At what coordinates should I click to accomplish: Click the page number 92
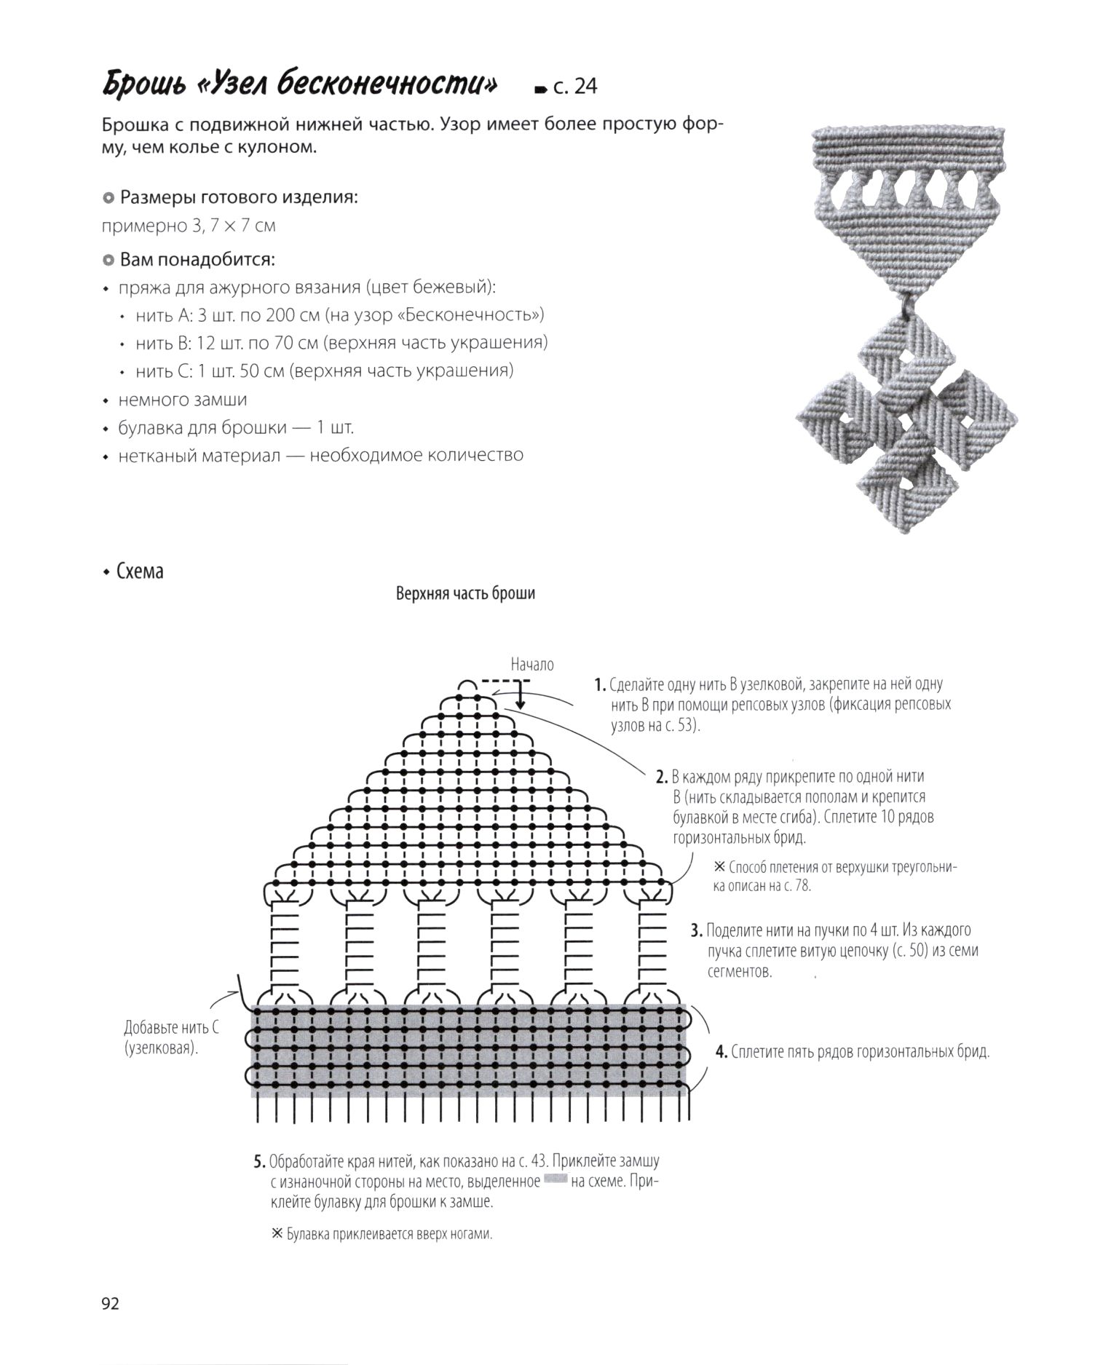[x=110, y=1303]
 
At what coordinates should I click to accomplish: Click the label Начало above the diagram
[x=531, y=665]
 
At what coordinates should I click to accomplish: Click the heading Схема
[x=140, y=571]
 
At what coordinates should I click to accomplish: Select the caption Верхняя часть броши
[x=465, y=593]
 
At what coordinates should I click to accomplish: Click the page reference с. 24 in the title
[x=574, y=87]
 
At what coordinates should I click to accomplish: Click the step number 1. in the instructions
[x=600, y=685]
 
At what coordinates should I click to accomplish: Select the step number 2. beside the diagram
[x=662, y=777]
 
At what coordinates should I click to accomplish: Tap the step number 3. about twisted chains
[x=696, y=930]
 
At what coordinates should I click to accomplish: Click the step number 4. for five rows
[x=721, y=1052]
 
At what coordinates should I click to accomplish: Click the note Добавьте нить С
[x=171, y=1028]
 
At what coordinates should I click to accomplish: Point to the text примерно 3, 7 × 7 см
[x=189, y=226]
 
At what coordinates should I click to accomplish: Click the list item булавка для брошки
[x=236, y=427]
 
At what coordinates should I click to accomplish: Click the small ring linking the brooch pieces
[x=906, y=301]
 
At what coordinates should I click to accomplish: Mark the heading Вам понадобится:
[x=197, y=260]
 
